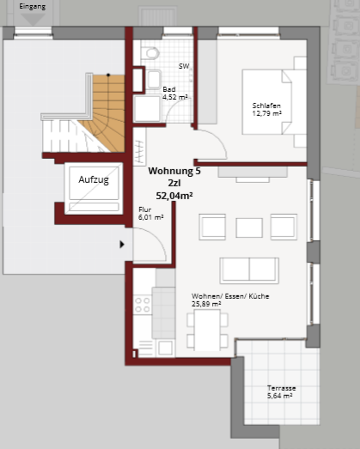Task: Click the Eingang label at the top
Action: coord(32,6)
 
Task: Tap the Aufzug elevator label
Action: coord(94,179)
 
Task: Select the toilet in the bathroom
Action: coord(152,53)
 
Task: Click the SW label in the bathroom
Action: coord(184,66)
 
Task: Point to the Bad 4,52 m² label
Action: coord(175,94)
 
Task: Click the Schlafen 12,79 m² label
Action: coord(266,110)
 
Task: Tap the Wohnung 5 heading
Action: coord(174,171)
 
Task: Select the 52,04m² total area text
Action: coord(174,196)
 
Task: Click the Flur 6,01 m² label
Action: coord(150,213)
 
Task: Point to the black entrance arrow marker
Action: coord(122,245)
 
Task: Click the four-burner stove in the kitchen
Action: coord(143,305)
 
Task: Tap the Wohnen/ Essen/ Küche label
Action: coord(230,296)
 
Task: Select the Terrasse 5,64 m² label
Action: coord(280,392)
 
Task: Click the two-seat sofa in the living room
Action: coord(249,270)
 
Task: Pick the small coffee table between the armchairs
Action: coord(249,228)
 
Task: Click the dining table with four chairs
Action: coord(207,331)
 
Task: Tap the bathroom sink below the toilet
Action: coord(154,79)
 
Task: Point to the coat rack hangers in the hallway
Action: coord(139,151)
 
